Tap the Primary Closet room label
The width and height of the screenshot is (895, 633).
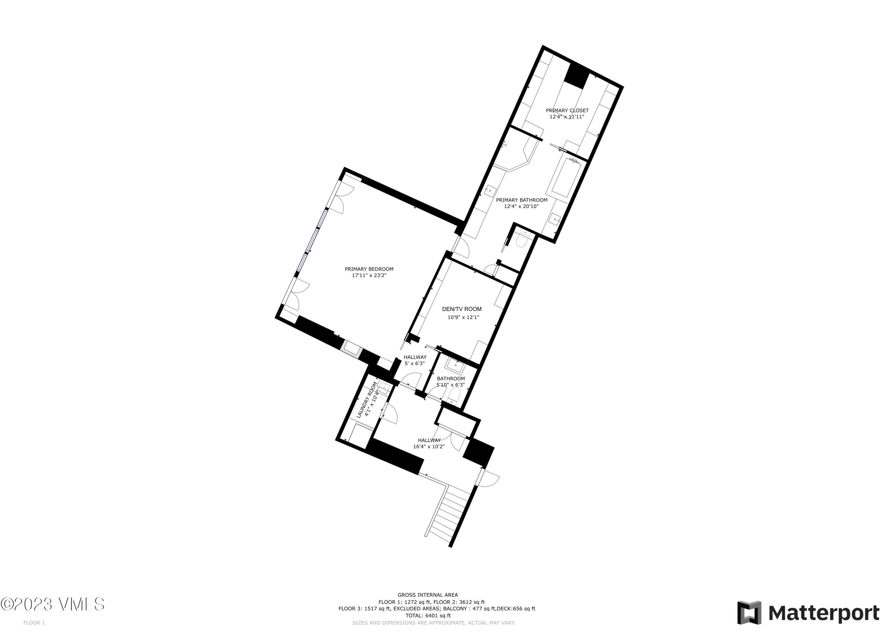click(x=567, y=111)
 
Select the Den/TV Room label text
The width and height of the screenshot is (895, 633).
click(x=462, y=309)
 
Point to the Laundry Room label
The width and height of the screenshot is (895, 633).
click(x=367, y=400)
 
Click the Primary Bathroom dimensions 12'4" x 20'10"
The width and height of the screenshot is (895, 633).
click(x=521, y=206)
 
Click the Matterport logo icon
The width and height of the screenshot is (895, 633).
click(x=749, y=613)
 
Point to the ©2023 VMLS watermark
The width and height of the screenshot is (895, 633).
click(x=53, y=604)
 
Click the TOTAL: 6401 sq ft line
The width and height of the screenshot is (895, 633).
click(x=428, y=615)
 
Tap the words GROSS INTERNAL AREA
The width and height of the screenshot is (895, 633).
click(x=428, y=595)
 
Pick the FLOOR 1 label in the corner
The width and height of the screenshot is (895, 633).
click(x=34, y=623)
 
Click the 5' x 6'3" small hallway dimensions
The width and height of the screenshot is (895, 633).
click(x=414, y=364)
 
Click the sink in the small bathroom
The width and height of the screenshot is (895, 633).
click(x=455, y=365)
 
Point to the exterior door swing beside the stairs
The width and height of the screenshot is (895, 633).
click(x=489, y=479)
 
